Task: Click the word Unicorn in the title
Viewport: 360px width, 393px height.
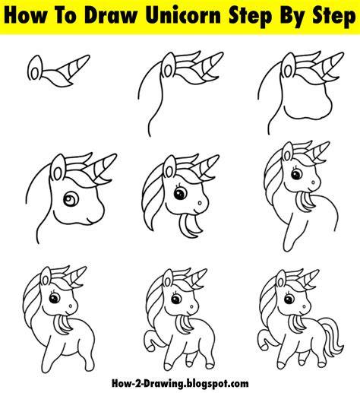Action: [x=184, y=16]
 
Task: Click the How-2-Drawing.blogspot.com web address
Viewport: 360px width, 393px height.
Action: [x=180, y=383]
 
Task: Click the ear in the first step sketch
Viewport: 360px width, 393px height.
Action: [x=35, y=68]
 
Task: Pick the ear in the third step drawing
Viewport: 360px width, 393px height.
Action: [x=289, y=66]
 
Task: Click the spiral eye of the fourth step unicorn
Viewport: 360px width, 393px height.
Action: [x=71, y=199]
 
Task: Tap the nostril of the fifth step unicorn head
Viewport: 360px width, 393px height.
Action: [x=200, y=203]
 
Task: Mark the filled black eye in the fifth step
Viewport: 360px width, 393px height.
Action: [x=180, y=194]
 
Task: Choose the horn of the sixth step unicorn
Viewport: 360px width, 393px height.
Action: [x=317, y=153]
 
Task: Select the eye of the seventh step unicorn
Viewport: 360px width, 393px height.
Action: [x=55, y=297]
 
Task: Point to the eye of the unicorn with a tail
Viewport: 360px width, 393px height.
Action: [x=289, y=299]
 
